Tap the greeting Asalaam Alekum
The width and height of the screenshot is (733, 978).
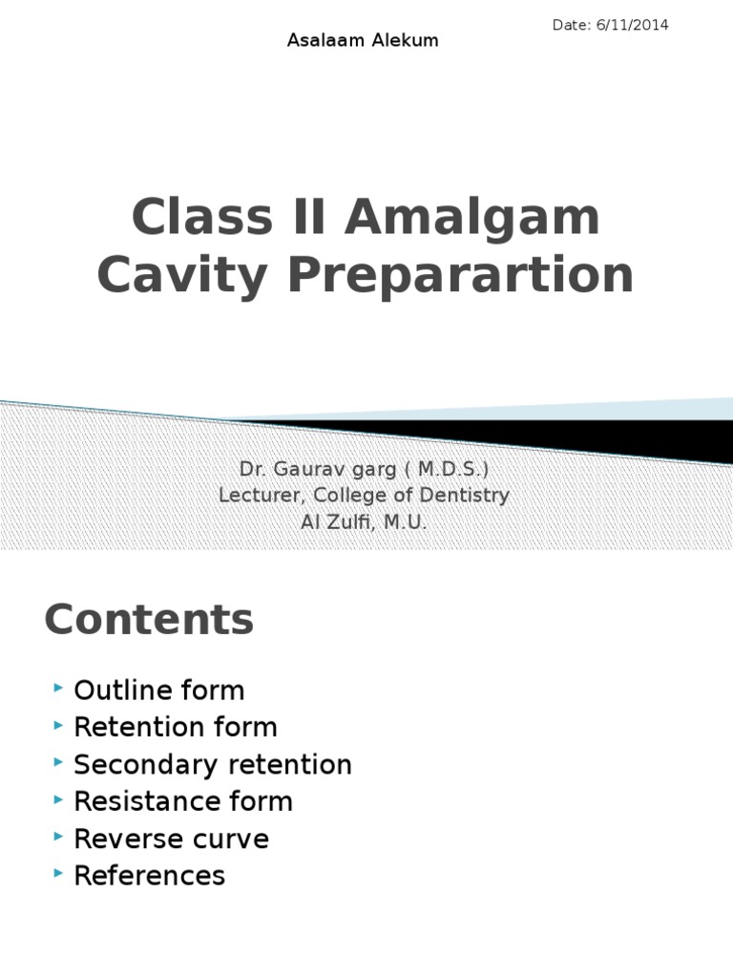363,41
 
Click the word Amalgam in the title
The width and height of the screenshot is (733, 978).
472,218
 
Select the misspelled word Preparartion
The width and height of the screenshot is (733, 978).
462,275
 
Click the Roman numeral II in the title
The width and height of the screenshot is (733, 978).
304,218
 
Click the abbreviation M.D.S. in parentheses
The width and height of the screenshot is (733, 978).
452,470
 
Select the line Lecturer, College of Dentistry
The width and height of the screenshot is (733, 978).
364,496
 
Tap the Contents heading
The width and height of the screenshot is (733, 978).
149,620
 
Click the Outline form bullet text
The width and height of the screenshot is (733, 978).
159,691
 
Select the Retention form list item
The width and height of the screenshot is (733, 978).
176,728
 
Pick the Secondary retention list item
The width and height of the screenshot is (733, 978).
213,765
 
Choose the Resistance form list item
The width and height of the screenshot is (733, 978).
183,801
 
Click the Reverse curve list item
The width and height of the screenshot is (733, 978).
172,840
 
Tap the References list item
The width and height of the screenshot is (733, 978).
150,876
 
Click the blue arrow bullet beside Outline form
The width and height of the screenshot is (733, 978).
59,689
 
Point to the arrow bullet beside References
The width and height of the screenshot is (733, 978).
59,874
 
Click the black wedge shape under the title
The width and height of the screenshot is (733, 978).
573,435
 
